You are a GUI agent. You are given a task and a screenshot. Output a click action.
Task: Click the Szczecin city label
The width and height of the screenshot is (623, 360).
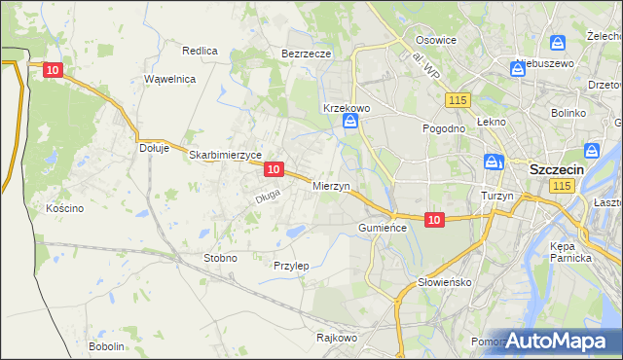pyautogui.click(x=556, y=168)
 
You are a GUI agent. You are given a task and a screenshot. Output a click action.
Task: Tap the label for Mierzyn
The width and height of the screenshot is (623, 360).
pyautogui.click(x=331, y=186)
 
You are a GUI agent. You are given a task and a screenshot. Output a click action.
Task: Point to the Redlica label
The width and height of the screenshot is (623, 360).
pyautogui.click(x=200, y=50)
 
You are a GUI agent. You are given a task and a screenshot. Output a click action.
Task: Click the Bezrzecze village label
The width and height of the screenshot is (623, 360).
pyautogui.click(x=307, y=54)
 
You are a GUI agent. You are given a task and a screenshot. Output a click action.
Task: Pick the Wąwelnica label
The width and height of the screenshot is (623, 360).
pyautogui.click(x=170, y=79)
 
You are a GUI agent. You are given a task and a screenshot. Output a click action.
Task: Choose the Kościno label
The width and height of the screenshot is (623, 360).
pyautogui.click(x=65, y=208)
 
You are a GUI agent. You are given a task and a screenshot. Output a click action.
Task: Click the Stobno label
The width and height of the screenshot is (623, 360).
pyautogui.click(x=220, y=258)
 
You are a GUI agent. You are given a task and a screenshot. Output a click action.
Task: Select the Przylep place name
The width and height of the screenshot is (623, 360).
pyautogui.click(x=291, y=266)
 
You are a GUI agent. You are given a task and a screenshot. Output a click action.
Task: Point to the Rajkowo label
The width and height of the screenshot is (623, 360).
pyautogui.click(x=337, y=339)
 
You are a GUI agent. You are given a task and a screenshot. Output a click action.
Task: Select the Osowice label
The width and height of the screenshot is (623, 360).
pyautogui.click(x=436, y=40)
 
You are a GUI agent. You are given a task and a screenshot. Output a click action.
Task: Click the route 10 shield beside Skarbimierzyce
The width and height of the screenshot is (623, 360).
pyautogui.click(x=274, y=169)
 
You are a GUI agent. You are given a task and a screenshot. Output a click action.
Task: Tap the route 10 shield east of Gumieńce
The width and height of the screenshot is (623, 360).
pyautogui.click(x=434, y=221)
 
